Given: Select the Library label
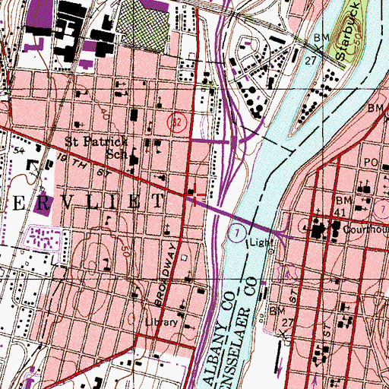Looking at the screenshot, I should click(x=160, y=322).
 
